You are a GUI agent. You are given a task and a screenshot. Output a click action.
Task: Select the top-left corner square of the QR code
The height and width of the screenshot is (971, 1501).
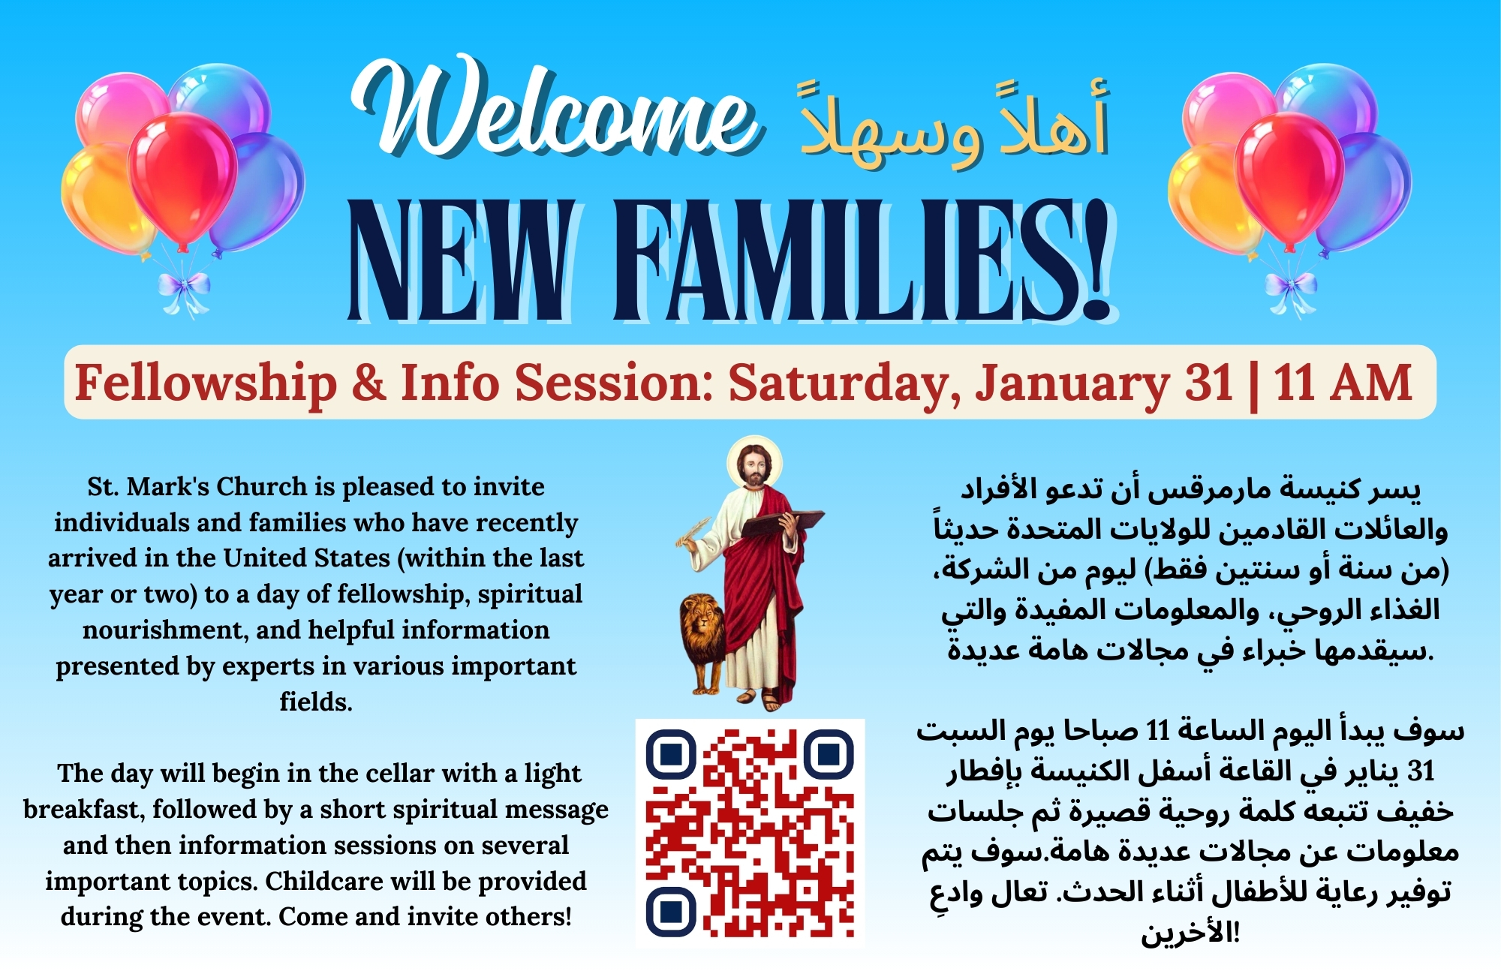tap(672, 753)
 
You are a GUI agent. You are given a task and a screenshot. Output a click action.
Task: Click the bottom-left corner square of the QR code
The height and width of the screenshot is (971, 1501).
tap(672, 912)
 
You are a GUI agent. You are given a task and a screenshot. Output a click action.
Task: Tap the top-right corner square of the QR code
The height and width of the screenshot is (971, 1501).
tap(829, 753)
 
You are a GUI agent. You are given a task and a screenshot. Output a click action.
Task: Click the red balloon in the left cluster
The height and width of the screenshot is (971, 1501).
tap(182, 180)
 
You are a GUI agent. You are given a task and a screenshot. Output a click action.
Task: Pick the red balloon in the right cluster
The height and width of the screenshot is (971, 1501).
tap(1289, 180)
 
